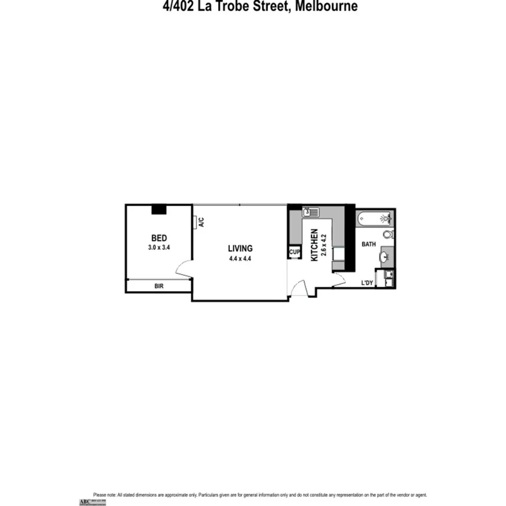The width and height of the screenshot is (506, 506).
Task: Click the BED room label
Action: pos(159,238)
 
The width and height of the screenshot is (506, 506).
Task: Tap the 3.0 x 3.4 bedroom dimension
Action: pos(159,247)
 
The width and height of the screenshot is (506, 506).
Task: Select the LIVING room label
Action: pos(240,248)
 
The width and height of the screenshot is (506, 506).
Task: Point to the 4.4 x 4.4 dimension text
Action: pos(240,259)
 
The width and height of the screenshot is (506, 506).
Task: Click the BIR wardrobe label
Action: pos(159,286)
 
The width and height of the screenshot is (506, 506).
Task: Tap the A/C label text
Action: pos(201,222)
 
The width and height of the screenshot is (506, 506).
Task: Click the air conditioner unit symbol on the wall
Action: pos(194,223)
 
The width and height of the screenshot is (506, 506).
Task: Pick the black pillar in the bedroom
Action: pos(159,209)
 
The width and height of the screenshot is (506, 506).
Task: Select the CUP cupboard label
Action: pos(295,252)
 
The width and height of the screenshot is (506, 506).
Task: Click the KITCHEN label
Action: pos(314,245)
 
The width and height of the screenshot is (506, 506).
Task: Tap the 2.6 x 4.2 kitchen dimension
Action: pos(324,245)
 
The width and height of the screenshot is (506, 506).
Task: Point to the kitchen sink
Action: pos(310,212)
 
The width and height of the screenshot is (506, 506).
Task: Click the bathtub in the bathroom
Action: pos(374,218)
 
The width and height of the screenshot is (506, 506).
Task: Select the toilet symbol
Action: pos(388,234)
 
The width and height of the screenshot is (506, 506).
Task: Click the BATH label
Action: pos(368,244)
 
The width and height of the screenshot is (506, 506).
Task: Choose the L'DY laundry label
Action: pos(367,283)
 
